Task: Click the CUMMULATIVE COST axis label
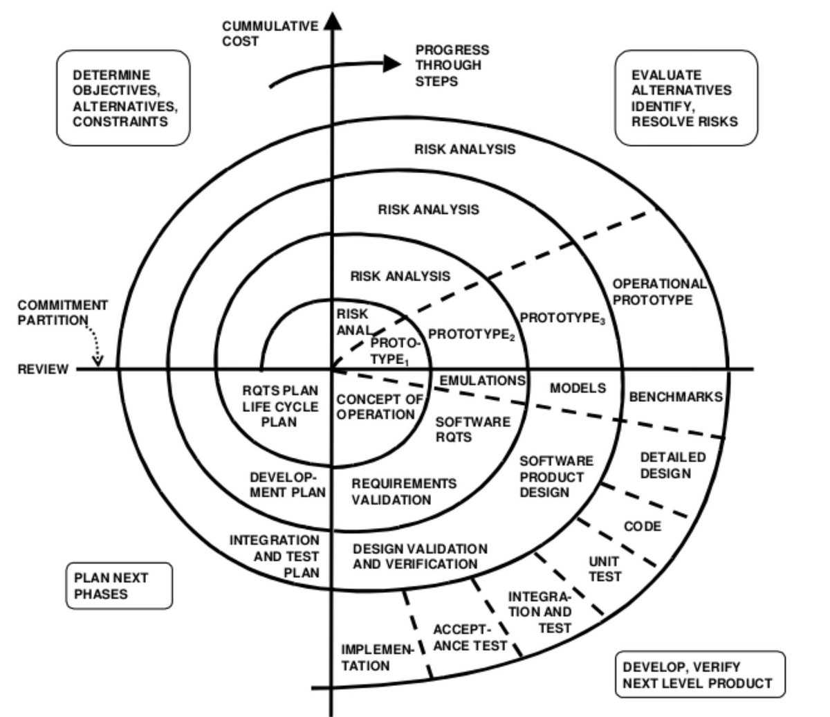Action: pyautogui.click(x=270, y=34)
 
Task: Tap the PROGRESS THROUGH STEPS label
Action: pyautogui.click(x=452, y=66)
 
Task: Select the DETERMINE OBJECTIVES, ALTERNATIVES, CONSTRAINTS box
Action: pyautogui.click(x=123, y=98)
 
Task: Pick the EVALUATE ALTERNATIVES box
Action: pyautogui.click(x=685, y=98)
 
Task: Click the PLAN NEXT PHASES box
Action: pyautogui.click(x=119, y=586)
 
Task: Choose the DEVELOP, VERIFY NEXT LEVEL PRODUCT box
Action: pyautogui.click(x=699, y=675)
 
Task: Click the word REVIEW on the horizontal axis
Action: pyautogui.click(x=43, y=370)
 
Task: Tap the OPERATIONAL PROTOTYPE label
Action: pyautogui.click(x=658, y=292)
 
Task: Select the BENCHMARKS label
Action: pyautogui.click(x=676, y=397)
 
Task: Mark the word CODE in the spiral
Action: pyautogui.click(x=643, y=527)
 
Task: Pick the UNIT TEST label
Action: pyautogui.click(x=605, y=569)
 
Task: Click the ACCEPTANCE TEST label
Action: pyautogui.click(x=470, y=638)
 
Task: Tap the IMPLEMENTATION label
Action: pyautogui.click(x=376, y=658)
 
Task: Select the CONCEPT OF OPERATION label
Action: pyautogui.click(x=379, y=407)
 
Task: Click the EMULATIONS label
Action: pyautogui.click(x=482, y=381)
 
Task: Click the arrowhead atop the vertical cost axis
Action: pyautogui.click(x=333, y=20)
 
